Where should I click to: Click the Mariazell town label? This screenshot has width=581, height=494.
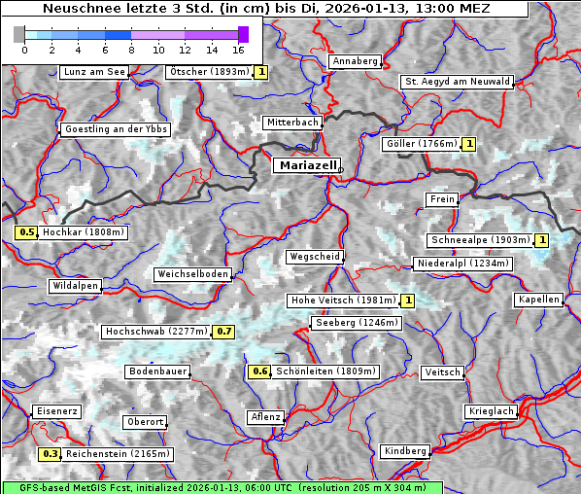307,165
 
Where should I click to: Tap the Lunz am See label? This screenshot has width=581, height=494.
94,72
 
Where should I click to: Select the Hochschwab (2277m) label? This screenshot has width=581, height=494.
156,332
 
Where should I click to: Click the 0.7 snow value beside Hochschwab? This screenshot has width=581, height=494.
224,332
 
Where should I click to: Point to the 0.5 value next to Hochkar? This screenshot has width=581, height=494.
26,232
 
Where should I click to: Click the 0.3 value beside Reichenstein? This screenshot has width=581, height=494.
50,454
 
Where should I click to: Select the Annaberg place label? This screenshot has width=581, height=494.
355,61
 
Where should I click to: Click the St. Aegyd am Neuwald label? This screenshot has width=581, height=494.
457,82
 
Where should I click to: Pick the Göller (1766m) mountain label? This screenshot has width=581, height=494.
421,144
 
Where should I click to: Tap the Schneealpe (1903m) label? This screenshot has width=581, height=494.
480,240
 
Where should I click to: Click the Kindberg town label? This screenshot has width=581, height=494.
405,451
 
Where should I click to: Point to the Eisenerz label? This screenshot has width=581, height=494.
55,411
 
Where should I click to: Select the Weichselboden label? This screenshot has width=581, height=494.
193,274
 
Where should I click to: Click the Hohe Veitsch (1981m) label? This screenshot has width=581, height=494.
342,300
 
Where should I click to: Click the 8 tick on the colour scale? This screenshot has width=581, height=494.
131,49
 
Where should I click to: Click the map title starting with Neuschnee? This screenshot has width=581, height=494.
265,9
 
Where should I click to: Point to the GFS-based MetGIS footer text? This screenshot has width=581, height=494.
222,487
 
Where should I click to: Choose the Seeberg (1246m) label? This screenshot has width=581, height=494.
356,322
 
